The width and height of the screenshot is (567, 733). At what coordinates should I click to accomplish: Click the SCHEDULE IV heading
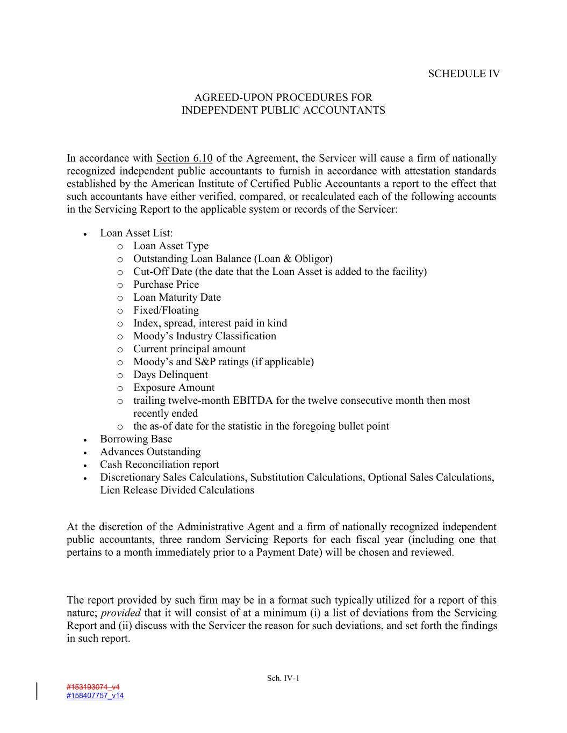coord(464,74)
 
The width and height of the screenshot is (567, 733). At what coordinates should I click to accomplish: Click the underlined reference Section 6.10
coord(184,158)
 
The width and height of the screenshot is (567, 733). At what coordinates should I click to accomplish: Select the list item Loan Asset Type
coord(171,246)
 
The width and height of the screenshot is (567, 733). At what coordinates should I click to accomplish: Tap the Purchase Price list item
coord(166,285)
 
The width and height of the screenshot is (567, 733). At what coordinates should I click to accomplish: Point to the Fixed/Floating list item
coord(166,310)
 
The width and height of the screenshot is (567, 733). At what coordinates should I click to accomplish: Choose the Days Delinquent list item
coord(170,375)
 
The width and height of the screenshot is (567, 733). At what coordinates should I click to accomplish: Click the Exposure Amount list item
coord(174,388)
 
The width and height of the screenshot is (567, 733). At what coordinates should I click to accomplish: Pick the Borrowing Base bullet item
coord(136,439)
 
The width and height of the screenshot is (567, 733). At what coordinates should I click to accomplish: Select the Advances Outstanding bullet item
coord(150,452)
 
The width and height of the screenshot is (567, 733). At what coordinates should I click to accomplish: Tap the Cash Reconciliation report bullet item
coord(160,465)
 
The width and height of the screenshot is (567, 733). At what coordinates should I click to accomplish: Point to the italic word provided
coord(121,613)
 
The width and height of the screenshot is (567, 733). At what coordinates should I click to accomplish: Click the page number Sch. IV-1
coord(283,679)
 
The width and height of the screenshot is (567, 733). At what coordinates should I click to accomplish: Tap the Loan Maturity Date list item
coord(177,297)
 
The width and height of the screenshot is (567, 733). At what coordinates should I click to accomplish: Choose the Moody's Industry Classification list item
coord(205,336)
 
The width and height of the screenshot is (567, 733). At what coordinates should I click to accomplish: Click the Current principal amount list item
coord(189,349)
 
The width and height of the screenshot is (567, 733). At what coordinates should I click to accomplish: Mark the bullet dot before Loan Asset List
coord(85,234)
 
